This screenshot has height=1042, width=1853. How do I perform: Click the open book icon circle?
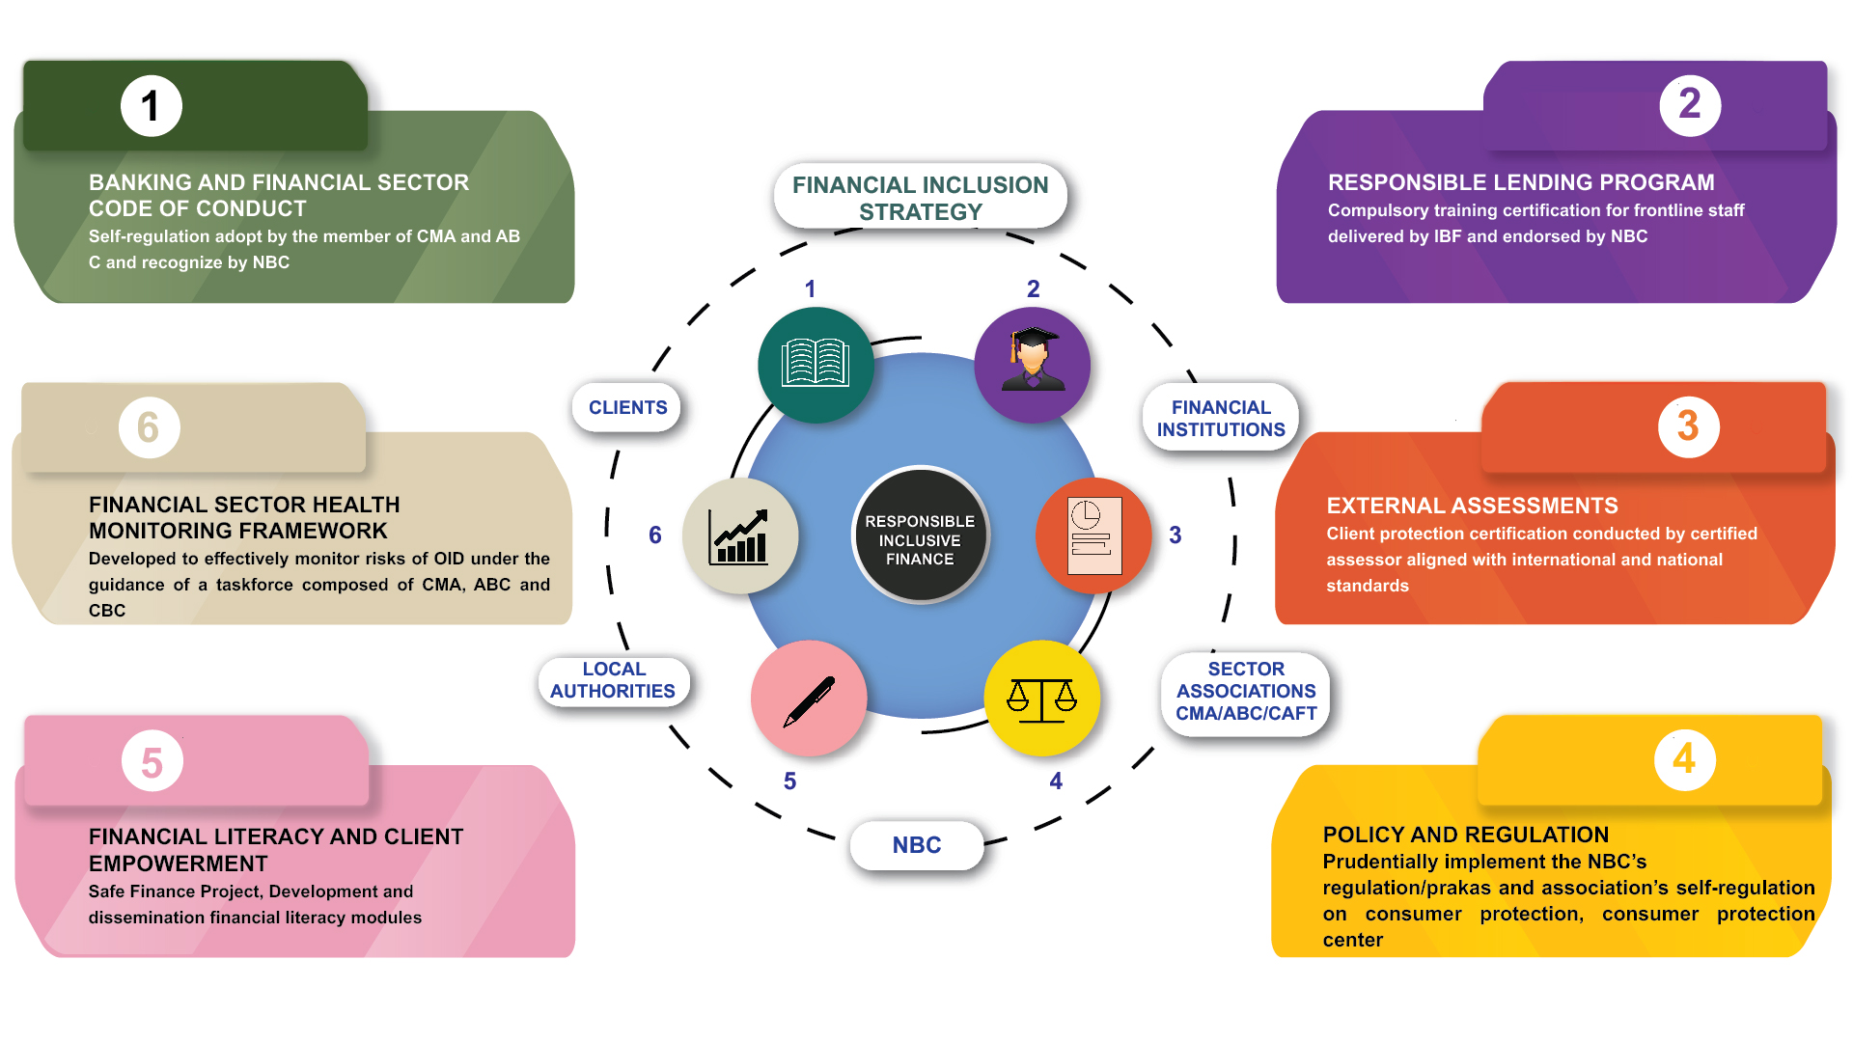point(816,365)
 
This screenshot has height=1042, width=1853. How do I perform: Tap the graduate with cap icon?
point(1033,365)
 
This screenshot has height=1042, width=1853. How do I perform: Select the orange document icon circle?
point(1093,535)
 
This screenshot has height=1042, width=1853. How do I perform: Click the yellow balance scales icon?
point(1041,698)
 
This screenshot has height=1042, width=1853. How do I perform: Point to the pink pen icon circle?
point(809,699)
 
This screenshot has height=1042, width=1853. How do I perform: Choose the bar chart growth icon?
point(740,536)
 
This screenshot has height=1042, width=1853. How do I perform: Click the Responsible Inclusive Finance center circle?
point(920,536)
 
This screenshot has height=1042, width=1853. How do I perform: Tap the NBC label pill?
point(917,845)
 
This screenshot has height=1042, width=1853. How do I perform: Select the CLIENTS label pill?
point(627,407)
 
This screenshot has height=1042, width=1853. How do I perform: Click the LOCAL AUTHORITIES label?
point(613,680)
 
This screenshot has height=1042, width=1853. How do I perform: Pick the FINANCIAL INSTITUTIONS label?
point(1221,419)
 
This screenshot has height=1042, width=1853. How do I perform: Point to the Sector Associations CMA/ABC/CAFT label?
point(1246,691)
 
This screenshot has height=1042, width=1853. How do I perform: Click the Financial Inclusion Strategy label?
point(920,198)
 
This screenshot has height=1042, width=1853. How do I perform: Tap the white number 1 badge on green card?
point(151,106)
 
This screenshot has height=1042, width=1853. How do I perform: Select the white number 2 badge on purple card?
point(1689,104)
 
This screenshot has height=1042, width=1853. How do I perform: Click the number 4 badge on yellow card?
point(1684,759)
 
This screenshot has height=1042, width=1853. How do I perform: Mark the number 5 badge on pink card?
point(152,762)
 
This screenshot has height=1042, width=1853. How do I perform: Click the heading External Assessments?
point(1472,506)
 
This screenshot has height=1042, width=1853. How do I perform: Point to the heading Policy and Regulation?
point(1465,835)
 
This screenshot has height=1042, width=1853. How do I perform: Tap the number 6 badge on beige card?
point(149,427)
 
